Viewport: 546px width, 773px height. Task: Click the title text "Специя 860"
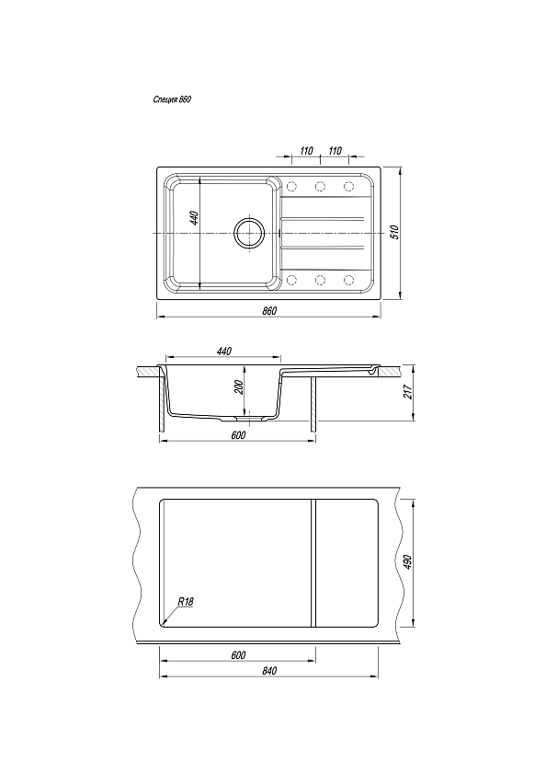[x=172, y=99]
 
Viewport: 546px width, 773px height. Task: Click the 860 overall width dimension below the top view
[x=269, y=311]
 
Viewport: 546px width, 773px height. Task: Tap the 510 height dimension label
[x=393, y=232]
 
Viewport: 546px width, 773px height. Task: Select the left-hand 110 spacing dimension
[x=306, y=150]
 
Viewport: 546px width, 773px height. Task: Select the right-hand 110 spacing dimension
[x=335, y=150]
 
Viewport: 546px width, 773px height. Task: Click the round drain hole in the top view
[x=250, y=233]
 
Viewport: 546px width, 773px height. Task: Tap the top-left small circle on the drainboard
[x=291, y=186]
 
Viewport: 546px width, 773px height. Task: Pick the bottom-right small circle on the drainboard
[x=349, y=280]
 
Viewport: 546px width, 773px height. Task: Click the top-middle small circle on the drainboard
[x=321, y=186]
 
